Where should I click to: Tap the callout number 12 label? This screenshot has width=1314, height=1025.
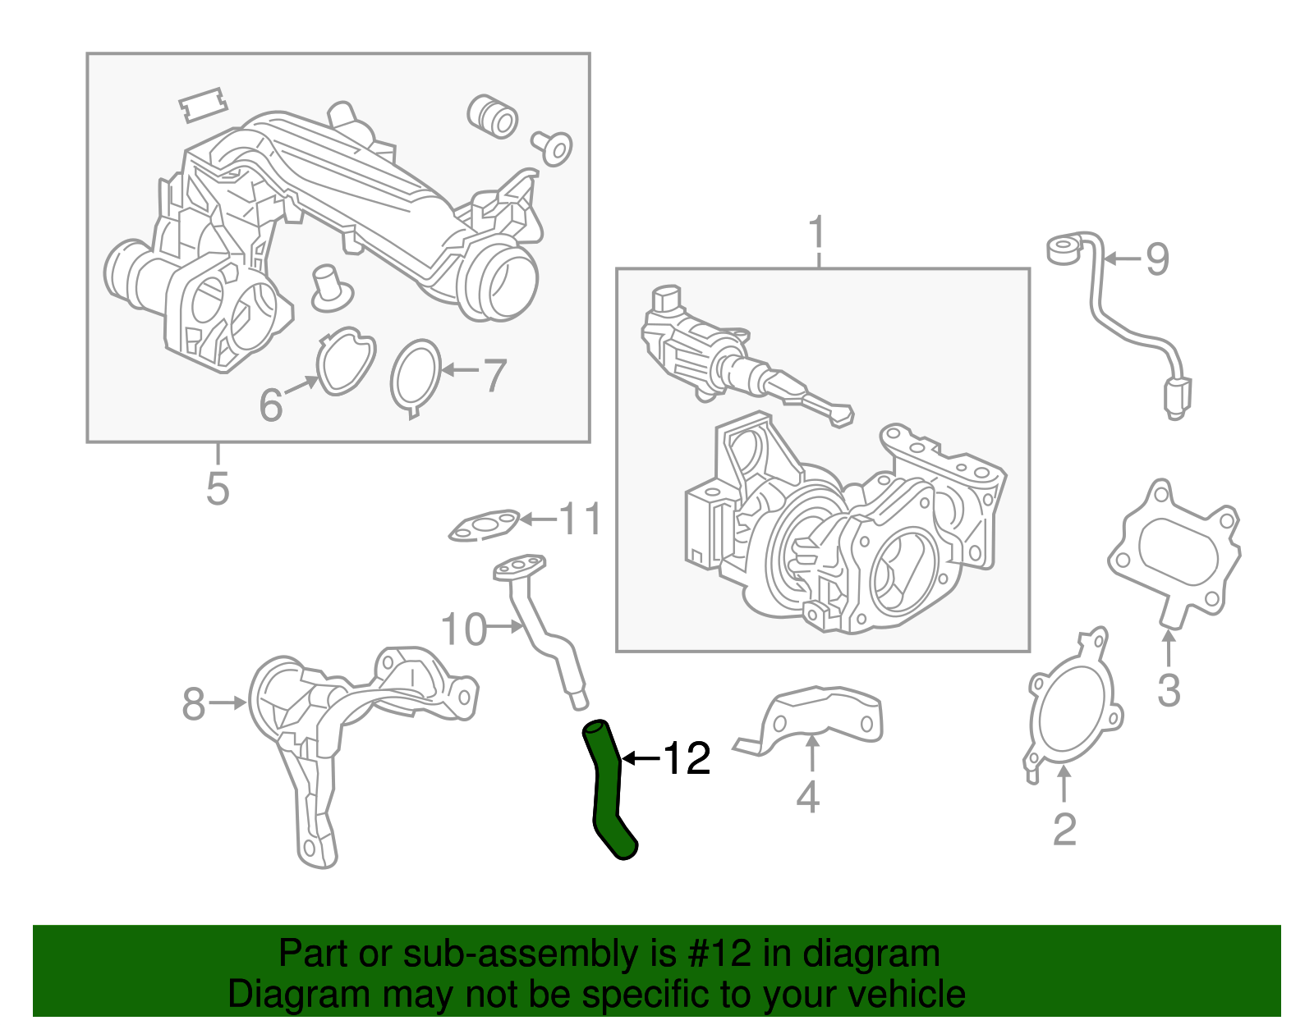(x=687, y=758)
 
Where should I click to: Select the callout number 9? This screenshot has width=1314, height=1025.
(x=1157, y=259)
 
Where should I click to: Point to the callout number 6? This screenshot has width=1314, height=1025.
(x=271, y=405)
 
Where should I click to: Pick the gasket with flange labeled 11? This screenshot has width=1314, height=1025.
(x=485, y=525)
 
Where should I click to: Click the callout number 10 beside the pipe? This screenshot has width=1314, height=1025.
(x=464, y=629)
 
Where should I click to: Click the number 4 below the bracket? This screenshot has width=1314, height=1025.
(x=808, y=797)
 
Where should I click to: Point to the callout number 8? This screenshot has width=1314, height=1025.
(x=194, y=703)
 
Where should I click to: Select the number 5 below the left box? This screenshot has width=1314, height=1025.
(x=218, y=489)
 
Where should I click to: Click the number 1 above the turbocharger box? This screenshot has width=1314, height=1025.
(x=817, y=233)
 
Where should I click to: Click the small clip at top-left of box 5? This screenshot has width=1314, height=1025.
(x=202, y=105)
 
